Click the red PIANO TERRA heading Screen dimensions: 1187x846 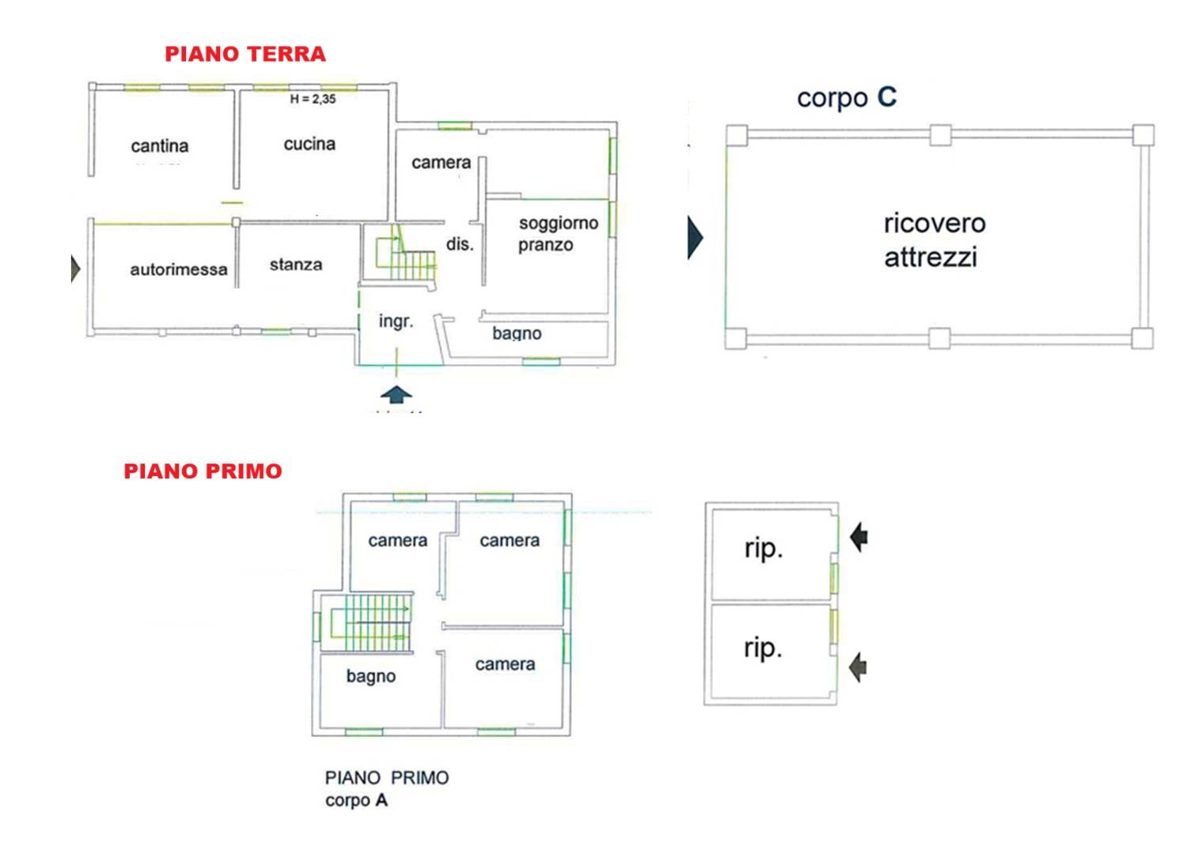click(x=245, y=54)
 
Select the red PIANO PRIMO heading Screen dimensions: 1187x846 click(x=203, y=470)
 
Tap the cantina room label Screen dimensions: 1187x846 click(x=160, y=145)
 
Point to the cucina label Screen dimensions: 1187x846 click(x=309, y=143)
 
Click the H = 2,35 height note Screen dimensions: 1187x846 click(x=313, y=99)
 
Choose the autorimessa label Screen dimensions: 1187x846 click(x=179, y=270)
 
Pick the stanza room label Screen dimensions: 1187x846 click(x=296, y=264)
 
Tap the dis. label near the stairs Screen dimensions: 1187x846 click(x=460, y=244)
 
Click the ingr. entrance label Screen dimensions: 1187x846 click(x=396, y=321)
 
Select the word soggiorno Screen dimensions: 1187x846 click(x=559, y=224)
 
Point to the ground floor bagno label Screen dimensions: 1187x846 click(x=517, y=334)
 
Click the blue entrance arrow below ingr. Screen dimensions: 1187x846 click(x=396, y=395)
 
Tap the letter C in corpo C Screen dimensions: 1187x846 click(x=886, y=96)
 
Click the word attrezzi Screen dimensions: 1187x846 click(x=931, y=257)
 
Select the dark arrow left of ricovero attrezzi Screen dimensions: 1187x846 click(x=696, y=238)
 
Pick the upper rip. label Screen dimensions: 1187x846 click(x=763, y=549)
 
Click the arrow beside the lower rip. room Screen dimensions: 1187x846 click(x=858, y=667)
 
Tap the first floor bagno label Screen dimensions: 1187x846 click(x=371, y=677)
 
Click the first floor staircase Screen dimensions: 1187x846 click(x=371, y=622)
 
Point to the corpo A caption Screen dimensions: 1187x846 click(x=356, y=800)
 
